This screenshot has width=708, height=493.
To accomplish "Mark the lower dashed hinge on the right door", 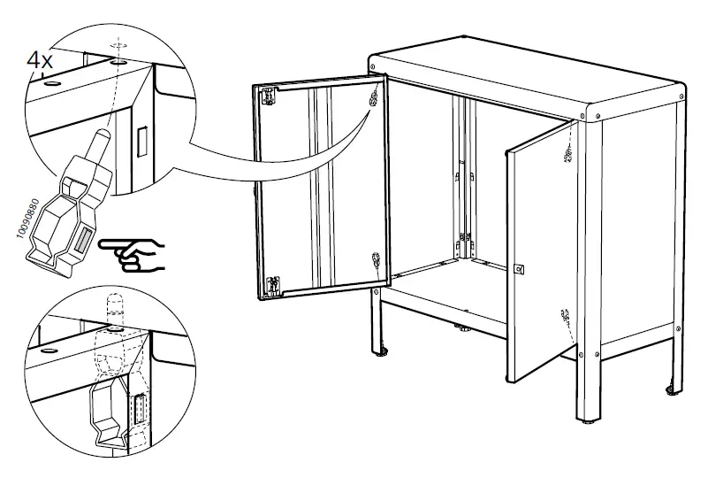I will click(x=564, y=316).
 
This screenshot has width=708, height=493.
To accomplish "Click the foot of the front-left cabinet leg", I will click(x=384, y=356).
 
